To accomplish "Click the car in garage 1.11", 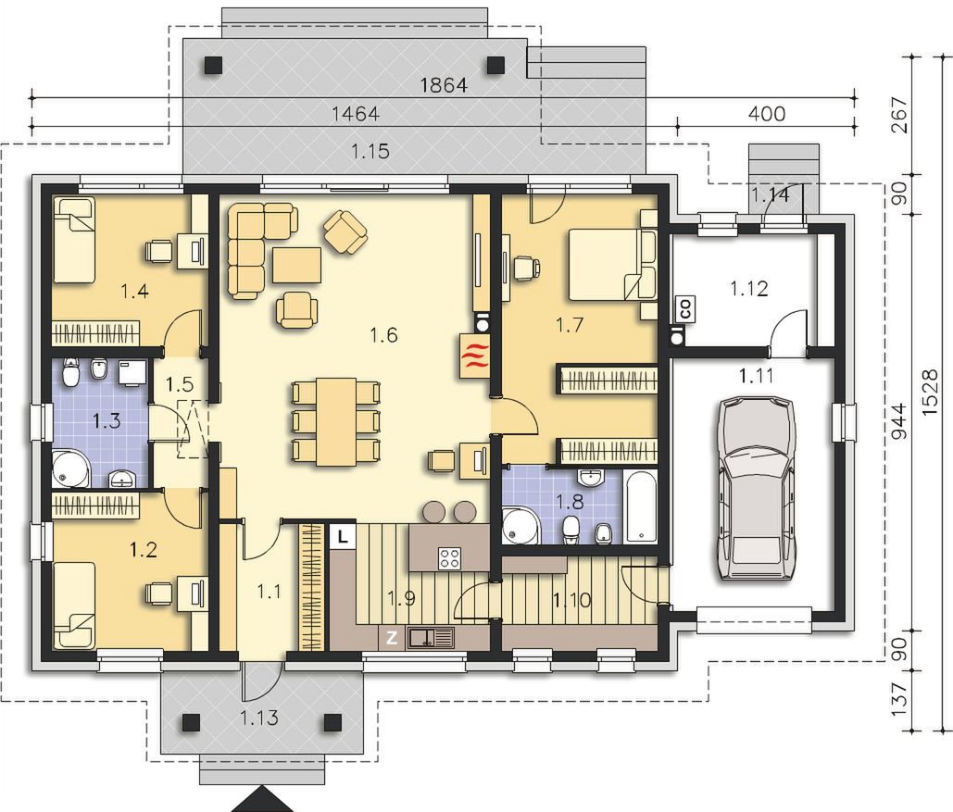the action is point(757,490).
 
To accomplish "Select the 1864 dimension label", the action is point(444,85).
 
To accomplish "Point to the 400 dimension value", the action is point(767,114).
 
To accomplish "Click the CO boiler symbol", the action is point(686,308).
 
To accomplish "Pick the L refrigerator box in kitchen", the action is point(343,536).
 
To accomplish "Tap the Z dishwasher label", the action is point(392,638).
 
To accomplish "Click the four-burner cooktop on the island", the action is point(450,558).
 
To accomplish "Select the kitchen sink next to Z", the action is point(431,637).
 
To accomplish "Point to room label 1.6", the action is point(384,334).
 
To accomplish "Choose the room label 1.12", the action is point(748,288).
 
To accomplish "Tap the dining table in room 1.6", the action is point(335,421).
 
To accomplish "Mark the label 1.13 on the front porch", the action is point(259,718).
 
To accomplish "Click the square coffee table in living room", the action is point(296,266).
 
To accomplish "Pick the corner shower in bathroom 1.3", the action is point(71,468).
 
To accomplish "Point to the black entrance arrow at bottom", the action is point(262,800).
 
